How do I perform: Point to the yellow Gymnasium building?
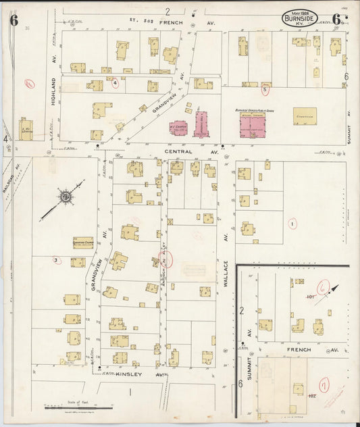[307, 116]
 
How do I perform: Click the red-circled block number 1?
[292, 224]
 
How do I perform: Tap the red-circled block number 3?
[56, 259]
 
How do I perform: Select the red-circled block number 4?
[115, 83]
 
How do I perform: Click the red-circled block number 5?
[265, 89]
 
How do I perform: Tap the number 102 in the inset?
[313, 395]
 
